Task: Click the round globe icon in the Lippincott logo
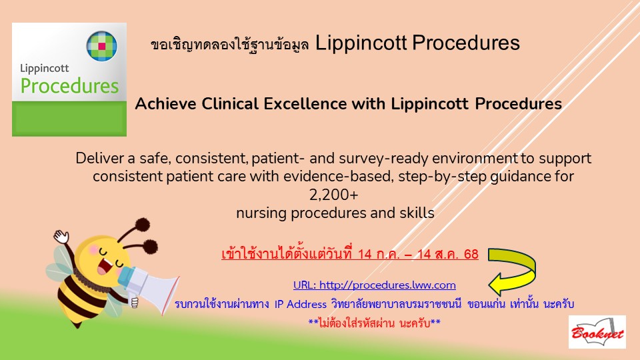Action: (x=101, y=46)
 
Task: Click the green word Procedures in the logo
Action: (x=69, y=86)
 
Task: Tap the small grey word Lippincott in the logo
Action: (x=45, y=69)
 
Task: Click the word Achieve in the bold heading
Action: (x=166, y=104)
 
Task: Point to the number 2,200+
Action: (x=333, y=195)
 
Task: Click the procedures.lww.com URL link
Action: (x=374, y=285)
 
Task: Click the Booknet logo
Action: (x=597, y=332)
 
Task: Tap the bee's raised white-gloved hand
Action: (x=61, y=236)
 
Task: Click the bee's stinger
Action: (x=76, y=325)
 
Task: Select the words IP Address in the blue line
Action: (x=301, y=305)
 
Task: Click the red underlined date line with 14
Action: (x=350, y=254)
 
